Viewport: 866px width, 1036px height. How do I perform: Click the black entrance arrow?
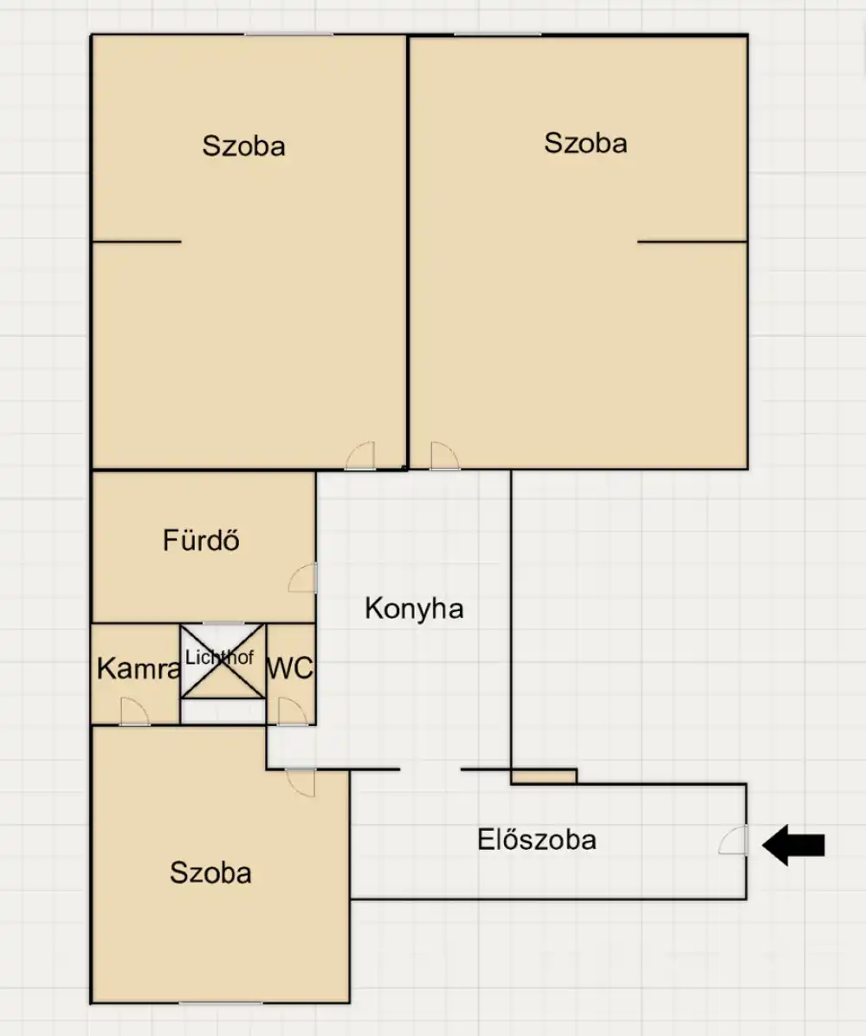tap(793, 845)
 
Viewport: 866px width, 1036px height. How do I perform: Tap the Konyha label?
tap(414, 608)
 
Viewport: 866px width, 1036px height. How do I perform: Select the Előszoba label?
tap(537, 840)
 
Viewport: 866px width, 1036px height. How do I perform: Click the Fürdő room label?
tap(201, 540)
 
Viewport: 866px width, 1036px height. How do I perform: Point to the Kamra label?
tap(139, 669)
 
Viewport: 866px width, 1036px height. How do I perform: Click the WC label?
tap(289, 669)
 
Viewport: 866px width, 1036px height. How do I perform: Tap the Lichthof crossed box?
tap(223, 660)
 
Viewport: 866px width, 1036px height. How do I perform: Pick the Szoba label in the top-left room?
tap(244, 146)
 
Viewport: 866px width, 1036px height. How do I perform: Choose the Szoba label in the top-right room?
tap(585, 144)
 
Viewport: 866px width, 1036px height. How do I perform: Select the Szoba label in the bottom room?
tap(211, 872)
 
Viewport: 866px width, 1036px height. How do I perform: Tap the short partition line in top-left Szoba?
tap(136, 241)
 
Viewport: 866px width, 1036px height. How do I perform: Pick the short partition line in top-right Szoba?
tap(692, 241)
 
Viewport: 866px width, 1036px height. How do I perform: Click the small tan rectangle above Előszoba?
tap(543, 777)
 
